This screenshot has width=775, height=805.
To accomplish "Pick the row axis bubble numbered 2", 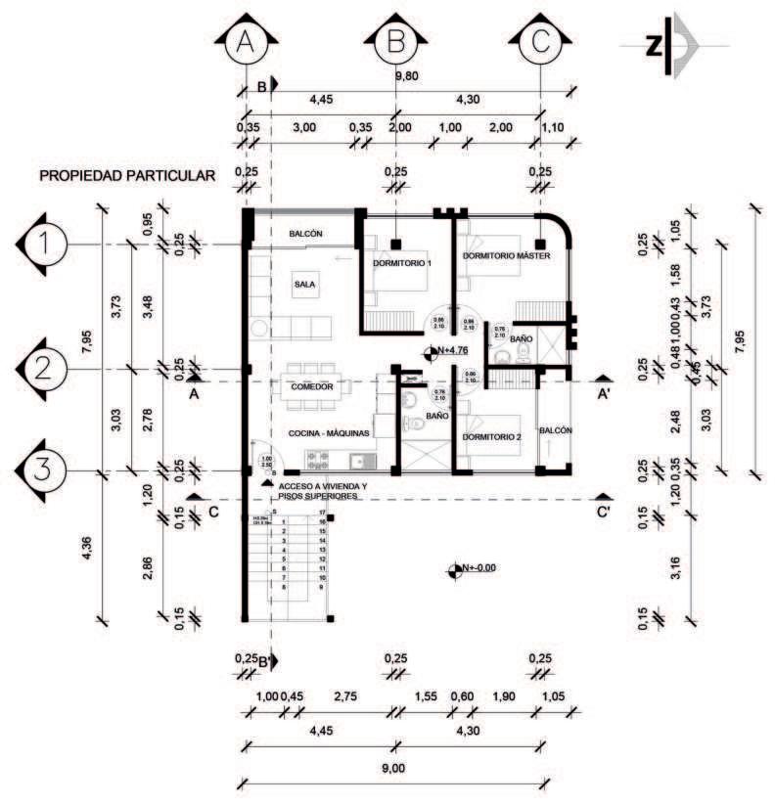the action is [x=41, y=369].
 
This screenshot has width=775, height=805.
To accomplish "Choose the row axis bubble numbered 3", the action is [x=41, y=470].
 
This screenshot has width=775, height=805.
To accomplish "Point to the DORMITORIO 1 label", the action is [x=402, y=263].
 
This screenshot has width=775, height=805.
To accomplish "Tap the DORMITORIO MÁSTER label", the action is [x=507, y=256].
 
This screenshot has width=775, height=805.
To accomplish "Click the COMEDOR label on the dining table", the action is [x=313, y=387].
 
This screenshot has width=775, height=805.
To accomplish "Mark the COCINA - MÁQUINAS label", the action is [x=328, y=432].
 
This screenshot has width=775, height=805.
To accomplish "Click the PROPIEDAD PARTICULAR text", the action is [x=126, y=176].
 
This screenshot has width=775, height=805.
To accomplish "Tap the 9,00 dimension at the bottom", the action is [x=392, y=768].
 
